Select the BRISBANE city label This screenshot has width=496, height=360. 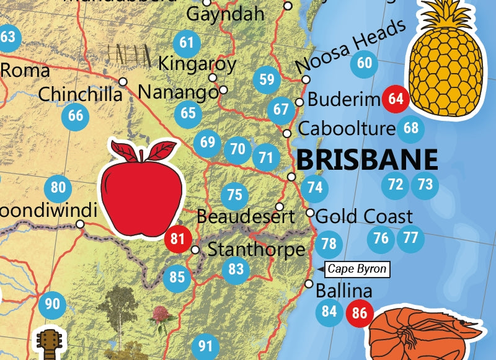coord(367,159)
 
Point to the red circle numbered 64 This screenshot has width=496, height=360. coord(396,98)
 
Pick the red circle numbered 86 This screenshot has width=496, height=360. coord(360,312)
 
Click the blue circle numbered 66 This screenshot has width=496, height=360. coord(76,115)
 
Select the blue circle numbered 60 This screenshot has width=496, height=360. coord(365,63)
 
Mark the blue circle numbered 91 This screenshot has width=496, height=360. coord(205,345)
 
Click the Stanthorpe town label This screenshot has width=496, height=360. coord(257,250)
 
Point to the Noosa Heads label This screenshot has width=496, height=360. coord(351,45)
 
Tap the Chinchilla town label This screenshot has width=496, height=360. coord(80,94)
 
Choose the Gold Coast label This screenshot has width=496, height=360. coord(364,216)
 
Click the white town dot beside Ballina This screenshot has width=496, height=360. coord(309,284)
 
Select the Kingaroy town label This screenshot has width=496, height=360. coord(197,64)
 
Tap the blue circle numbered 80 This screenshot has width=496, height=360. coord(58,187)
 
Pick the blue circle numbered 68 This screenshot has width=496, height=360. coord(410,128)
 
